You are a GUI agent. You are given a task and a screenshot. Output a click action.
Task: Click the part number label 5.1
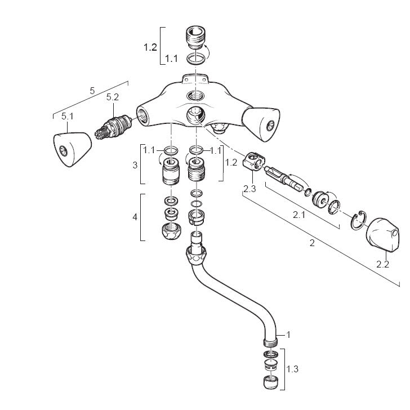click(x=68, y=117)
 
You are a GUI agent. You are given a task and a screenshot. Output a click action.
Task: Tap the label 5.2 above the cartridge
click(x=113, y=97)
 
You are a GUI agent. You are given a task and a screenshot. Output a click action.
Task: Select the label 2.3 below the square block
click(x=249, y=189)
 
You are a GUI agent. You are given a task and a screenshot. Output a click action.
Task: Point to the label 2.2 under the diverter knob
click(x=382, y=264)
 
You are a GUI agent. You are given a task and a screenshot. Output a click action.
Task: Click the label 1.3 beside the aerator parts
click(x=292, y=369)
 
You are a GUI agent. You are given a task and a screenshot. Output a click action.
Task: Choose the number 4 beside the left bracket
click(x=135, y=217)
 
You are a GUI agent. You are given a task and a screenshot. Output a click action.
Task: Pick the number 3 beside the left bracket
click(x=135, y=165)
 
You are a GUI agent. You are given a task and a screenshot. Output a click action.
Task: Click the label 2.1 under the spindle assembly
click(x=299, y=215)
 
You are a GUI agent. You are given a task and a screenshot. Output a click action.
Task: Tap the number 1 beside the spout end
click(x=288, y=335)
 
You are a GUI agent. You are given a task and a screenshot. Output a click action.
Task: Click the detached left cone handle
click(x=73, y=149)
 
